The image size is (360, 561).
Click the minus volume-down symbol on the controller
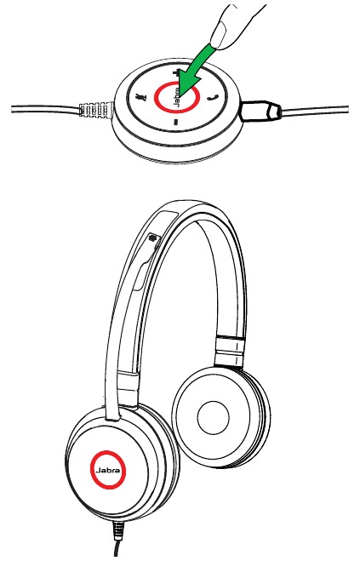[175, 123]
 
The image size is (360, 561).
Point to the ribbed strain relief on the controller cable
[94, 110]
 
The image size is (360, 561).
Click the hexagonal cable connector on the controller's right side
[260, 111]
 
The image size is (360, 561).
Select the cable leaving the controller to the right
[314, 111]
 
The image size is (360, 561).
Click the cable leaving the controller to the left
[45, 110]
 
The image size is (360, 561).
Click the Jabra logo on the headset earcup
[108, 470]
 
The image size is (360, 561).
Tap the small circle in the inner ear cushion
[213, 417]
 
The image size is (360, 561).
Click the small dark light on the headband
[153, 238]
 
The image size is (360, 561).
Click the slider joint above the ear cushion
[231, 352]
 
